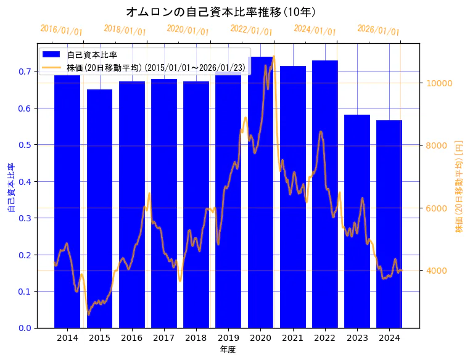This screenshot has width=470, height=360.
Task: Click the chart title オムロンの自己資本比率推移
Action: pos(221,12)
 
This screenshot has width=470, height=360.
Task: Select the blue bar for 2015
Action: pos(99,210)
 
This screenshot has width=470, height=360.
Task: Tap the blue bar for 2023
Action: pos(357,222)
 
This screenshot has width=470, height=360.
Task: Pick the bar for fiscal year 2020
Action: pos(260,191)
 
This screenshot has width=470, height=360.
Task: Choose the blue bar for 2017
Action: pos(164,203)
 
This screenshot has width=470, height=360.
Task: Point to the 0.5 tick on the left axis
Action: pos(25,145)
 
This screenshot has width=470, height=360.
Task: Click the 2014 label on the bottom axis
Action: pos(67,338)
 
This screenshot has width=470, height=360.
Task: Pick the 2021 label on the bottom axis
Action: pos(292,338)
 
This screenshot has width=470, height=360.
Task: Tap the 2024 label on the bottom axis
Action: pos(389,338)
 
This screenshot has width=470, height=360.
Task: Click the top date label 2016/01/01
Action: pos(61,30)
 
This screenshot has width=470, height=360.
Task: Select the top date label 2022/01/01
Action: pos(251,30)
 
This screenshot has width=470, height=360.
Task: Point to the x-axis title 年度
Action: pos(228,350)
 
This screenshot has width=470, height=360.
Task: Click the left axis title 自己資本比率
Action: pos(10,188)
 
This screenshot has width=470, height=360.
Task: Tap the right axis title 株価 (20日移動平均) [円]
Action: pos(459,186)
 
